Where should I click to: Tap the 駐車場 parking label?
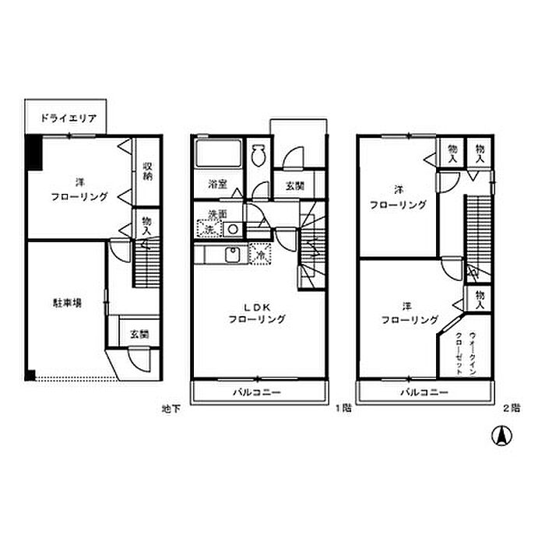pos(67,303)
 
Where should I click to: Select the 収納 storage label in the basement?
pos(147,171)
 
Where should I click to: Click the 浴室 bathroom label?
pos(217,185)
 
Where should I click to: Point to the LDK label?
pos(257,306)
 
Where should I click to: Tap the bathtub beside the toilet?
pos(218,153)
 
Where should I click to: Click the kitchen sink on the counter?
pos(231,254)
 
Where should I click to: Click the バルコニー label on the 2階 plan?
pos(424,392)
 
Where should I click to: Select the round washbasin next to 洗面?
pos(232,229)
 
